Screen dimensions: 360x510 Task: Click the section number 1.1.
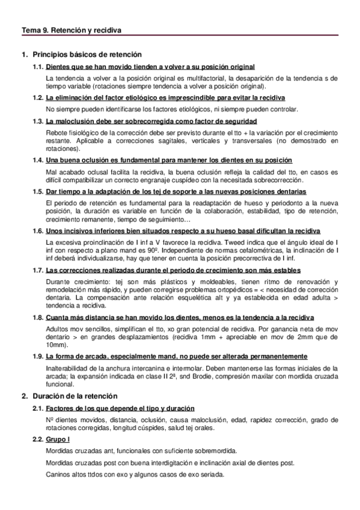[38, 66]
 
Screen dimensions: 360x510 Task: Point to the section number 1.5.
[38, 191]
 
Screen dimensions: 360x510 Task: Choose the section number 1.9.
[38, 356]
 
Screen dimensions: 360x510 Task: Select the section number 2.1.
[38, 409]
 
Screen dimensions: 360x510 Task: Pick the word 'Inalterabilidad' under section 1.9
[66, 367]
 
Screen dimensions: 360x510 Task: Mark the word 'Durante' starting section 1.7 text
[58, 282]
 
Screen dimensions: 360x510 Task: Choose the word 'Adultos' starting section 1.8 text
[58, 328]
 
